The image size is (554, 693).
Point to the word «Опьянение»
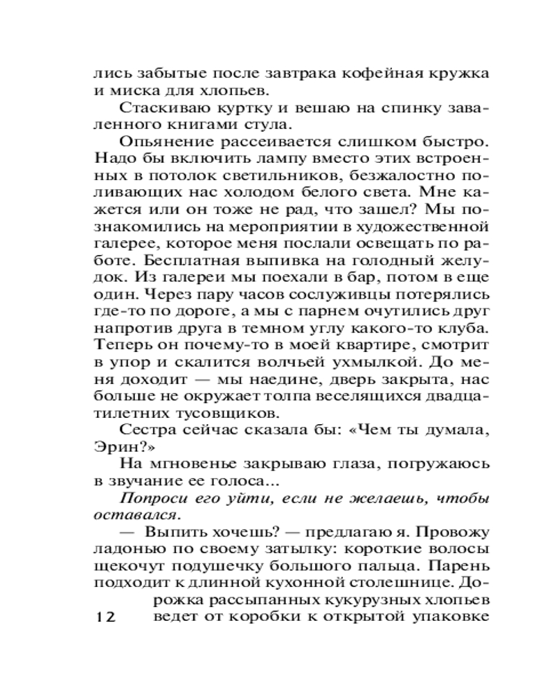point(162,142)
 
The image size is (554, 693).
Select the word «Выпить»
point(177,533)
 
